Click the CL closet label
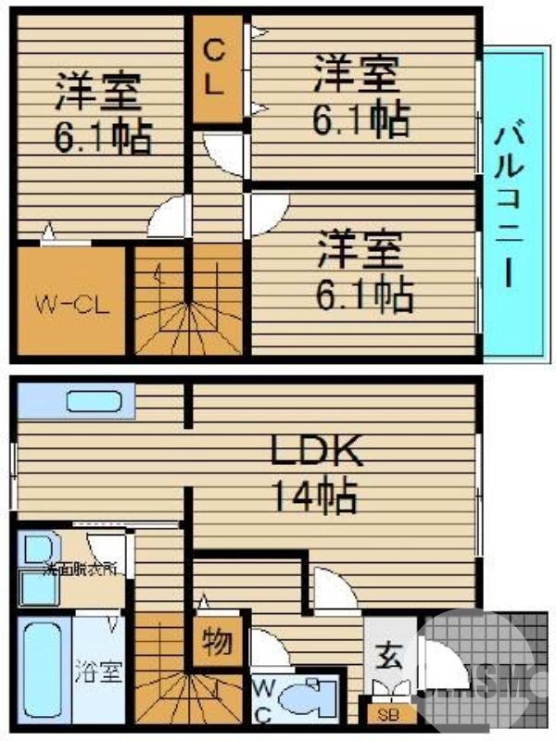(x=214, y=67)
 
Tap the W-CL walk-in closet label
(x=72, y=304)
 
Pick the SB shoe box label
(x=385, y=714)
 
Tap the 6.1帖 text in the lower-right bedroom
(x=365, y=295)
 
